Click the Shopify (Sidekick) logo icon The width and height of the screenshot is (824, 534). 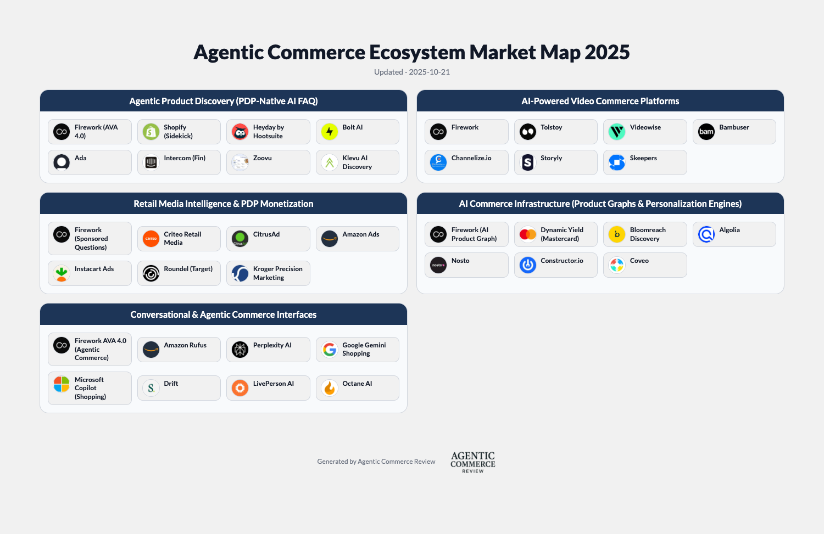pyautogui.click(x=151, y=132)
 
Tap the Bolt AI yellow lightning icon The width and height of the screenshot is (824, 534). pyautogui.click(x=330, y=132)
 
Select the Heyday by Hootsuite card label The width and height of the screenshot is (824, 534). pyautogui.click(x=268, y=132)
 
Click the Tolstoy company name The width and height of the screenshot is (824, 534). pyautogui.click(x=551, y=127)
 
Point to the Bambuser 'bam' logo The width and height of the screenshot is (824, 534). pyautogui.click(x=706, y=132)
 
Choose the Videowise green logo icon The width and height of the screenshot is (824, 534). pyautogui.click(x=617, y=132)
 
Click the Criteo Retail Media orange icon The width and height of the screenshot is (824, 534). pyautogui.click(x=151, y=239)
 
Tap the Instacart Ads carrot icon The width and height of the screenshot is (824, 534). pyautogui.click(x=62, y=273)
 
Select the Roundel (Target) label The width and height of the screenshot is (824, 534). pyautogui.click(x=188, y=269)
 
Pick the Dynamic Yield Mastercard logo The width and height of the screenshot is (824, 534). pyautogui.click(x=528, y=234)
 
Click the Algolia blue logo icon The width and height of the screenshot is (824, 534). pyautogui.click(x=706, y=234)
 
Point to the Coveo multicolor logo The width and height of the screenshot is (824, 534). pyautogui.click(x=617, y=265)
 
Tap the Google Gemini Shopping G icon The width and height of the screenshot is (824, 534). pyautogui.click(x=330, y=350)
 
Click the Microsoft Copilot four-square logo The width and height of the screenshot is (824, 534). pyautogui.click(x=62, y=384)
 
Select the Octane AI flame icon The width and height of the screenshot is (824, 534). pyautogui.click(x=330, y=388)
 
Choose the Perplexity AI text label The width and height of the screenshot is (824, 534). pyautogui.click(x=272, y=345)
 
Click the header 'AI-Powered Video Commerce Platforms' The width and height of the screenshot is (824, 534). pyautogui.click(x=600, y=101)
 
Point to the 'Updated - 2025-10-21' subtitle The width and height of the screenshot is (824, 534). pyautogui.click(x=412, y=72)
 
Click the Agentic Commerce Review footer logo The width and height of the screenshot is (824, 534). pyautogui.click(x=473, y=462)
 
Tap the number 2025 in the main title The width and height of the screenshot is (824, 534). pyautogui.click(x=607, y=53)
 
